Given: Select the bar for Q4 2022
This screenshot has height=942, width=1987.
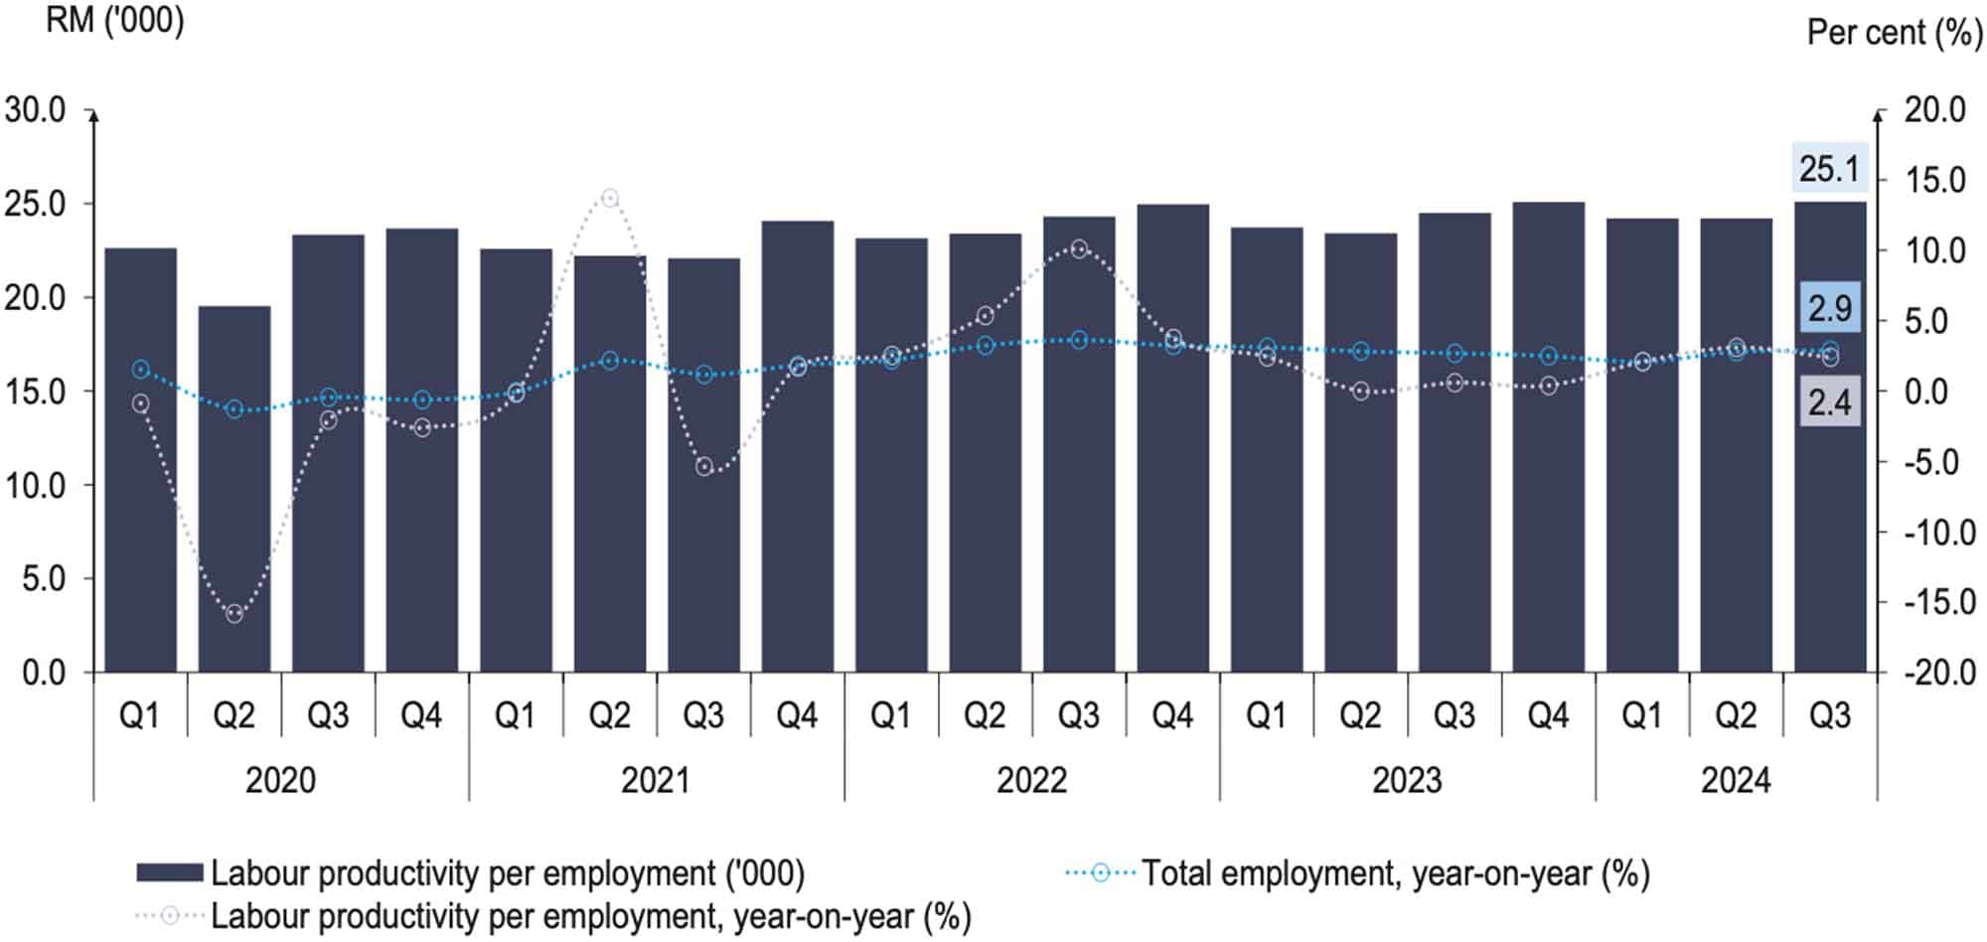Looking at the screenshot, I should (1172, 437).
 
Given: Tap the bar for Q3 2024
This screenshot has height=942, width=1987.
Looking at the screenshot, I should (1829, 437).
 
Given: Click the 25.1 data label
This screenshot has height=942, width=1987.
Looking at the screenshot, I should (1829, 169).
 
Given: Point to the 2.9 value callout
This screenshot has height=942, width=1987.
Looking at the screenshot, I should (1829, 308).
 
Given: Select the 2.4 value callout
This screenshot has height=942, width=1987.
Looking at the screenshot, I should (1829, 402).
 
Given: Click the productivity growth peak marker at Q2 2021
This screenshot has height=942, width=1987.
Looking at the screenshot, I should (610, 198).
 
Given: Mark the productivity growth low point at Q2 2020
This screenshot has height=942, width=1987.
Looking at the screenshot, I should (234, 613).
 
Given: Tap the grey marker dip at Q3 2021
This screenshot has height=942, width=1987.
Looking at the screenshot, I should (704, 466).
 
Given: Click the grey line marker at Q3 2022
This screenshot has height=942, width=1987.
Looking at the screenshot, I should (1079, 248).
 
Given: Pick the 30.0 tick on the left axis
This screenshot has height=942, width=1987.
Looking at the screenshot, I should (36, 110).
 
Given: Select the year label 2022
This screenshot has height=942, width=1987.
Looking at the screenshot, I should (1031, 780).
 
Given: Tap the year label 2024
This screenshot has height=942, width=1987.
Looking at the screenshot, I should (1736, 780).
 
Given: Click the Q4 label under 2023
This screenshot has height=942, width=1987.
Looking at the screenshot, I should (1548, 715).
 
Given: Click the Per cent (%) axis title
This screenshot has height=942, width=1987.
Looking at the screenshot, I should (1894, 33).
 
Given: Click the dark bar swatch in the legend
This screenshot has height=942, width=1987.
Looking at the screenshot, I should (169, 873).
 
